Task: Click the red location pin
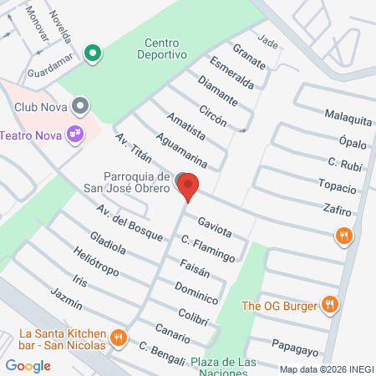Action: [188, 186]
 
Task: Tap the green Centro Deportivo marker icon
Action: [94, 53]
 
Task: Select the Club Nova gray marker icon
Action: [81, 106]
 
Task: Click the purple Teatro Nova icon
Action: [76, 133]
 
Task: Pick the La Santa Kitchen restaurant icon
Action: [119, 338]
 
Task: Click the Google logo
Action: [28, 365]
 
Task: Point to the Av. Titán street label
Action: [133, 152]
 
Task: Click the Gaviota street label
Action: [215, 226]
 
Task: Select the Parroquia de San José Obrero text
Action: [139, 183]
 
